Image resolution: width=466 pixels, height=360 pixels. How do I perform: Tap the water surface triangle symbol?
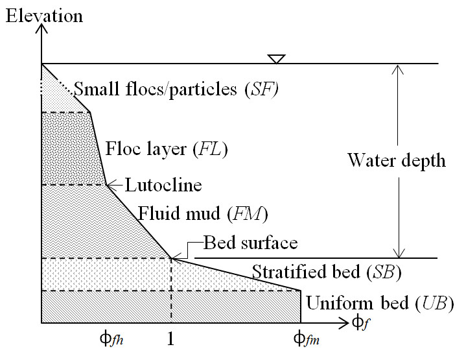277,59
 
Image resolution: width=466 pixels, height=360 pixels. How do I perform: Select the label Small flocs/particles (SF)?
176,89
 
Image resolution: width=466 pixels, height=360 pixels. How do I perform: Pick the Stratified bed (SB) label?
326,272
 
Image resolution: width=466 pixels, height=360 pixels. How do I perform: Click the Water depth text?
397,160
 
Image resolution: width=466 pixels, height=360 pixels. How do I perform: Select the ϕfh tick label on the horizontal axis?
109,338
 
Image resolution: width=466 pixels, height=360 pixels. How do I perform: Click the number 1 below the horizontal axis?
171,338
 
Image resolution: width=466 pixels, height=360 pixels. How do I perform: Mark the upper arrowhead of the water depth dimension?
401,67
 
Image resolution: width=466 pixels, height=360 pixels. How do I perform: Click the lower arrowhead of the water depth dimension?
401,254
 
